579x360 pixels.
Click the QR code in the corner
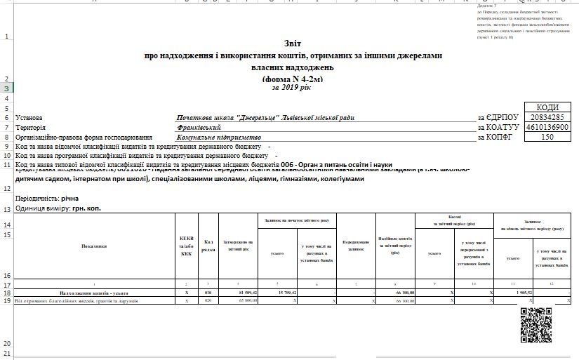pyautogui.click(x=536, y=324)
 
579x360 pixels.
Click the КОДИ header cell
pyautogui.click(x=547, y=107)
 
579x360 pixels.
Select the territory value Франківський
pyautogui.click(x=200, y=128)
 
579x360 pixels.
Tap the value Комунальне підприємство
pyautogui.click(x=215, y=138)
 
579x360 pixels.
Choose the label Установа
pyautogui.click(x=29, y=118)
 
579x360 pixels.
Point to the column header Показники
pyautogui.click(x=93, y=246)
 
